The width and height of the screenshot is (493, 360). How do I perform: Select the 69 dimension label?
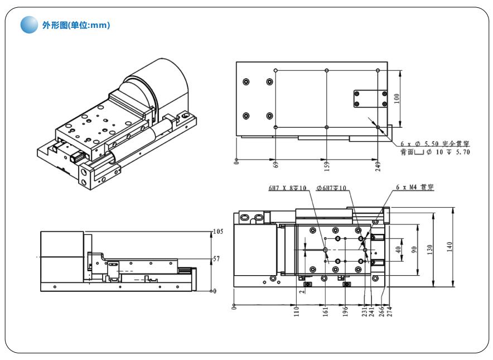click(276, 164)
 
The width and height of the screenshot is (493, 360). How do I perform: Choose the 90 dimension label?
click(414, 249)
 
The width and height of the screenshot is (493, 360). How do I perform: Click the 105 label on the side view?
click(218, 231)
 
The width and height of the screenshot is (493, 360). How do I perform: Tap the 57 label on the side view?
click(217, 259)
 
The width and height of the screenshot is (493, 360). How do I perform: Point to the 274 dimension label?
click(389, 311)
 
